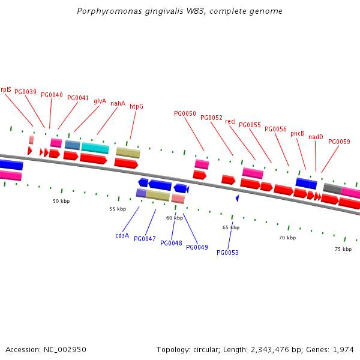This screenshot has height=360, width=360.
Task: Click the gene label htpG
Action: [136, 106]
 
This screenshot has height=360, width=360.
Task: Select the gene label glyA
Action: [100, 101]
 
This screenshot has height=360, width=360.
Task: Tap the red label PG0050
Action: [185, 113]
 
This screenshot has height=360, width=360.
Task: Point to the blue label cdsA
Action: [122, 235]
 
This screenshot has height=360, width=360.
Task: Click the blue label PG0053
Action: [227, 253]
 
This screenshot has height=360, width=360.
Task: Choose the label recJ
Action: [230, 121]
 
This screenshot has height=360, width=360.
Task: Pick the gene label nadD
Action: [316, 137]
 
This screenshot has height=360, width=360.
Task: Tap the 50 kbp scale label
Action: [61, 201]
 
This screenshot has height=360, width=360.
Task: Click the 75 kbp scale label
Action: [343, 249]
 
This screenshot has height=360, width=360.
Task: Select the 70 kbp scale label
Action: [287, 238]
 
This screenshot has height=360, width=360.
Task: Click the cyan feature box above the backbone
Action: [95, 148]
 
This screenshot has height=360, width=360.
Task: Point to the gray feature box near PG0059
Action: [332, 188]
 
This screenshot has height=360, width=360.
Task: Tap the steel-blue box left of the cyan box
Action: [73, 145]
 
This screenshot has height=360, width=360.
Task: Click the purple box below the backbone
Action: [141, 193]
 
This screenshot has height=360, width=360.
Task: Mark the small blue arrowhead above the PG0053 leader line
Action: [238, 198]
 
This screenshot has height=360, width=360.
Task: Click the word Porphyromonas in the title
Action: [109, 11]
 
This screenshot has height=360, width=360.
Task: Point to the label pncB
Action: [297, 133]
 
